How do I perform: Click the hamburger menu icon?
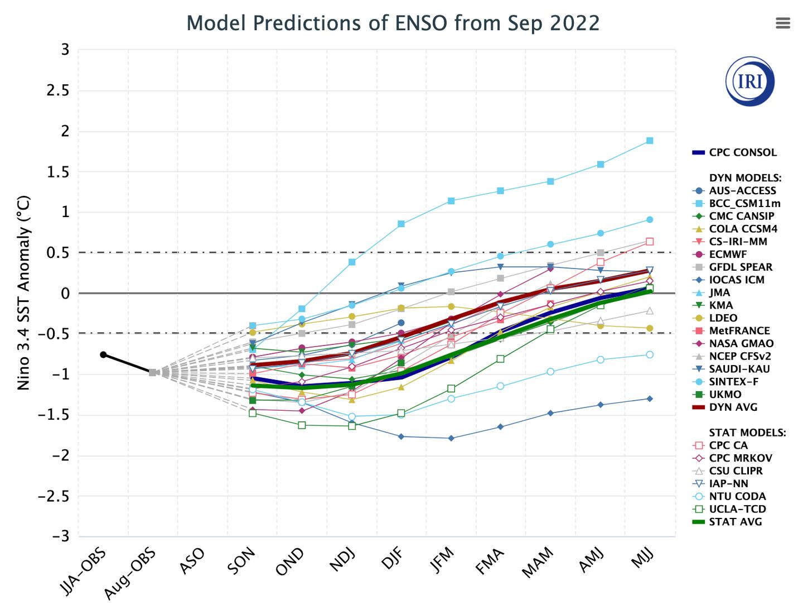[x=783, y=23]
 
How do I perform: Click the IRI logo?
[x=749, y=81]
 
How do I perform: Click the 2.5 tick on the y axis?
[x=58, y=90]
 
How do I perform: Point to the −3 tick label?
[x=60, y=536]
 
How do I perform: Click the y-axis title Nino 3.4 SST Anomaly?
[x=23, y=292]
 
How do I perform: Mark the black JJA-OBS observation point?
[x=103, y=354]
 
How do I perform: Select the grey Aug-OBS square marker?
[x=152, y=372]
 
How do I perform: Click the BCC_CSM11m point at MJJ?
[x=650, y=141]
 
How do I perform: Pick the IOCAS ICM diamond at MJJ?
[x=650, y=398]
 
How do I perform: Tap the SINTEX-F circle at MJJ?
[x=650, y=219]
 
